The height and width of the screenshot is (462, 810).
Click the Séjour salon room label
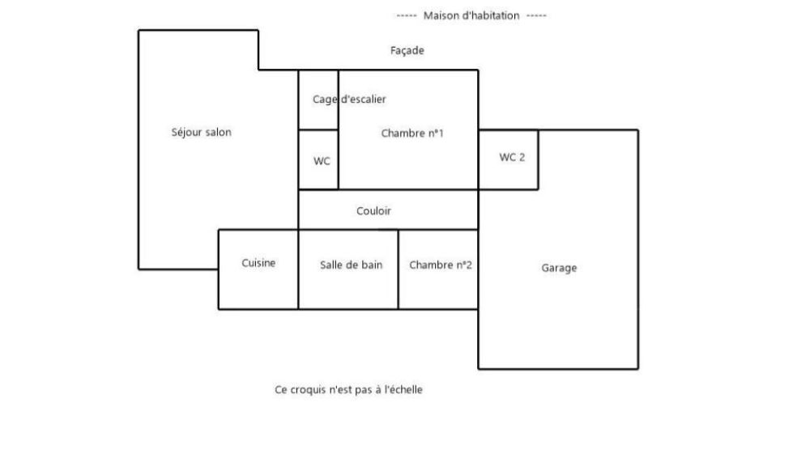pyautogui.click(x=202, y=132)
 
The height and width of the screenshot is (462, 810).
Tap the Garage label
pyautogui.click(x=559, y=268)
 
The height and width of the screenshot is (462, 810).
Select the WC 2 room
pyautogui.click(x=509, y=159)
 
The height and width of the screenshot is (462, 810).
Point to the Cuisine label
pyautogui.click(x=258, y=263)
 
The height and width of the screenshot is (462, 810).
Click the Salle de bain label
pyautogui.click(x=352, y=265)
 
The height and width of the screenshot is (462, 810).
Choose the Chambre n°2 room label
pyautogui.click(x=441, y=265)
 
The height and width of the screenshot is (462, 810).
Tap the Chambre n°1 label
pyautogui.click(x=412, y=134)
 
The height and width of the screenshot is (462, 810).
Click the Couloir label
pyautogui.click(x=373, y=210)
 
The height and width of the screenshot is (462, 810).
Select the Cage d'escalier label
pyautogui.click(x=349, y=99)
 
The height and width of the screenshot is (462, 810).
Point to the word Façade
pyautogui.click(x=407, y=51)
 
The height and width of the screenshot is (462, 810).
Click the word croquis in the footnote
pyautogui.click(x=307, y=390)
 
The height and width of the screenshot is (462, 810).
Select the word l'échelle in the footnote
pyautogui.click(x=403, y=390)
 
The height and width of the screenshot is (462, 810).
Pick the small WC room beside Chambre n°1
pyautogui.click(x=318, y=159)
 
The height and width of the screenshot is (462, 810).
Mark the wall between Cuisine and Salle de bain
pyautogui.click(x=298, y=269)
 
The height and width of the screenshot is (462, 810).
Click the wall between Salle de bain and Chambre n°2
pyautogui.click(x=399, y=269)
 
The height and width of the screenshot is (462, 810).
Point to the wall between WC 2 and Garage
pyautogui.click(x=539, y=159)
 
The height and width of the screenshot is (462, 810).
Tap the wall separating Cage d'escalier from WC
pyautogui.click(x=318, y=129)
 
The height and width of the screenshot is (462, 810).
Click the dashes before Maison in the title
pyautogui.click(x=407, y=15)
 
